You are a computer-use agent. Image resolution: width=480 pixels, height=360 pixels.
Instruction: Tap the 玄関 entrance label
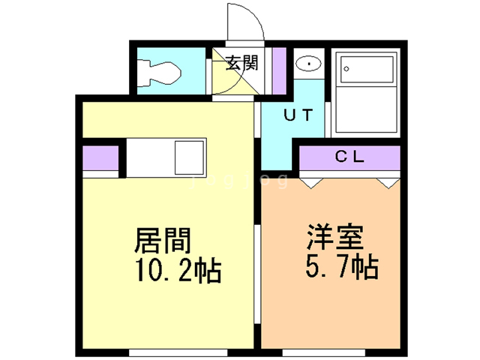(x=241, y=63)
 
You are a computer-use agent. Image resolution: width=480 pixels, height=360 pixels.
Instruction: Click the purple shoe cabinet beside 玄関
(x=278, y=69)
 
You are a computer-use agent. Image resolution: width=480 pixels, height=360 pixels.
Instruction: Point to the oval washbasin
(x=307, y=64)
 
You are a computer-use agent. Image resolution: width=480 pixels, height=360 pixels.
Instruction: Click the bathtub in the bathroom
(x=366, y=94)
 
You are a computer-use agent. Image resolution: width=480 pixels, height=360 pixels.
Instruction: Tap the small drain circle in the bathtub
(x=346, y=70)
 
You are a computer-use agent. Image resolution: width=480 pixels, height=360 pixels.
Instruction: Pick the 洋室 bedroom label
(x=334, y=237)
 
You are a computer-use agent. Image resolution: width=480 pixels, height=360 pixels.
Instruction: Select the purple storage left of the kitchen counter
(x=100, y=158)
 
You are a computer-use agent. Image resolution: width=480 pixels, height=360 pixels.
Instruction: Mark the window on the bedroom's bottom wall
(x=324, y=351)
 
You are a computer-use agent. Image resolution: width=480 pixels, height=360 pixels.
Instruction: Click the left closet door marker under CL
(x=312, y=181)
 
